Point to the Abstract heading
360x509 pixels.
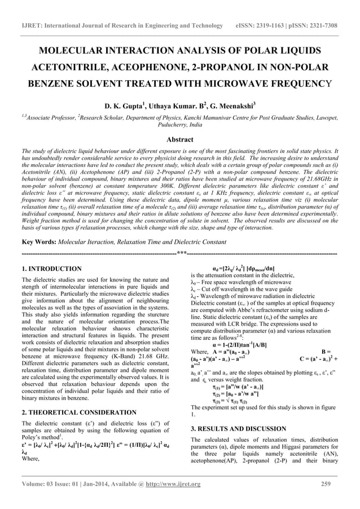click(x=179, y=138)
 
